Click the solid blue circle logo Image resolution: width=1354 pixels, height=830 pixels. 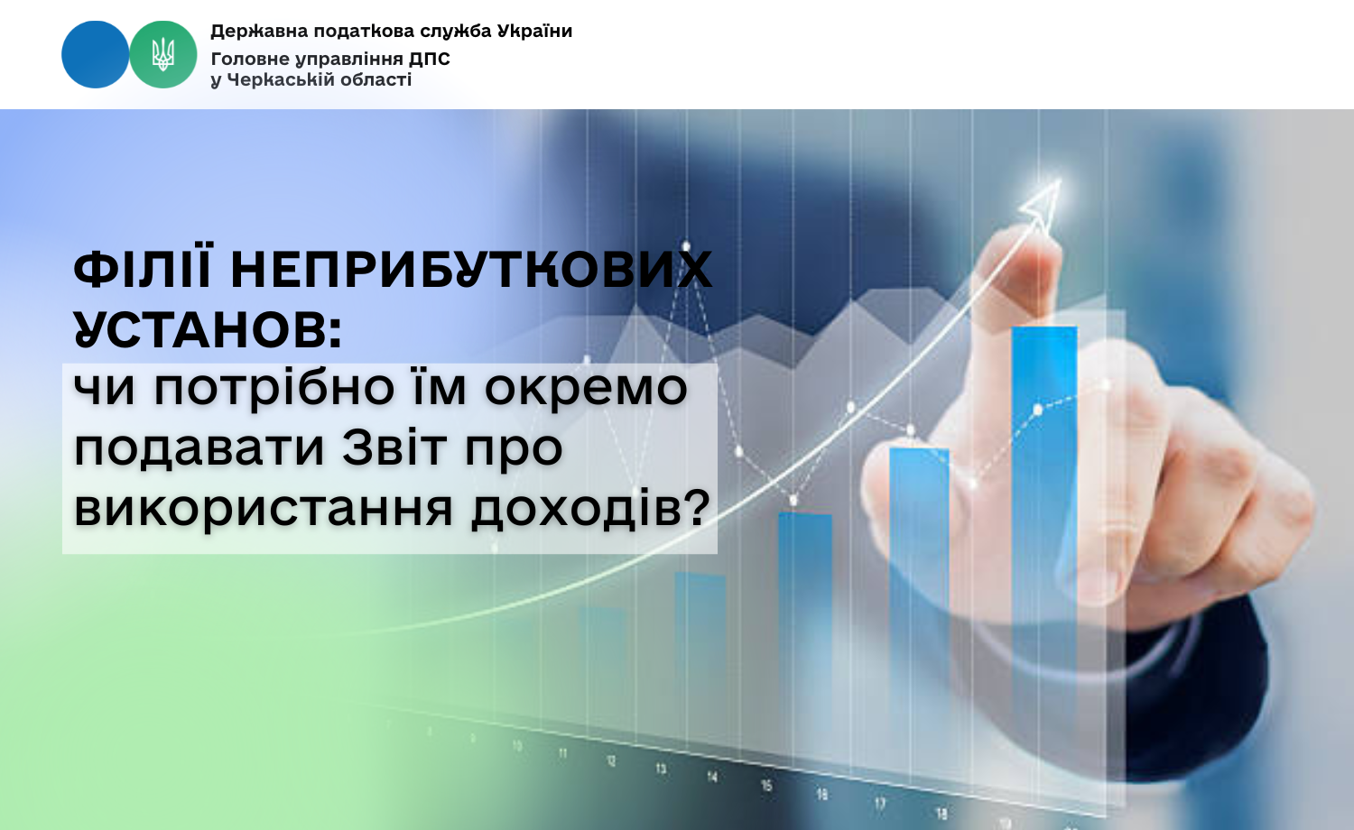[95, 54]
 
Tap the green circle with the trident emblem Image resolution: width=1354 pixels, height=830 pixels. [163, 54]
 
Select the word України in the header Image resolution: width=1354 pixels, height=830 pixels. [534, 30]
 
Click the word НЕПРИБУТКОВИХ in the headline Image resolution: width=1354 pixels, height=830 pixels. [471, 269]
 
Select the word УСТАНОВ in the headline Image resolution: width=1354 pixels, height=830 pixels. [208, 330]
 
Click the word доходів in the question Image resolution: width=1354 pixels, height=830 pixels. [590, 507]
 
